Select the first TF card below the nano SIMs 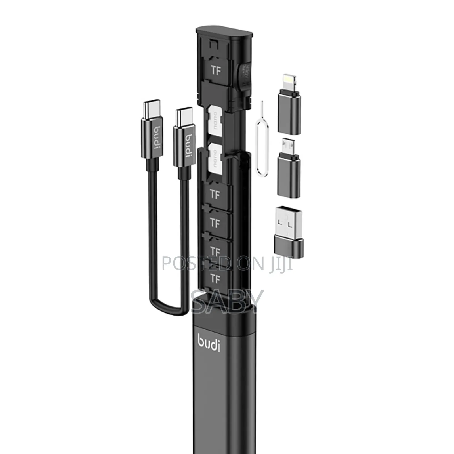pyautogui.click(x=215, y=195)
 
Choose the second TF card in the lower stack pyautogui.click(x=215, y=223)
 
